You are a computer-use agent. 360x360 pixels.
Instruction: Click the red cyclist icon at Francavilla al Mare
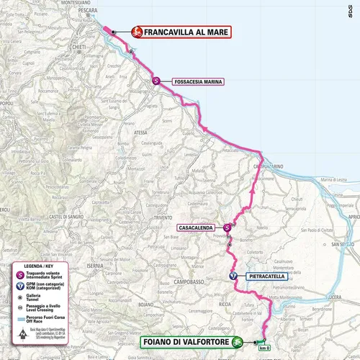click(x=136, y=32)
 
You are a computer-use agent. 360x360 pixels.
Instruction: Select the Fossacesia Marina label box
click(x=195, y=81)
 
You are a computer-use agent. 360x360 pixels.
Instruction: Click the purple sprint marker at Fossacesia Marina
click(x=156, y=81)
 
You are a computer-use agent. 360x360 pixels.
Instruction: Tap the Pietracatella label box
click(x=266, y=276)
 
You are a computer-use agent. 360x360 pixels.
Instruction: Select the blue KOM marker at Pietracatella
click(x=233, y=276)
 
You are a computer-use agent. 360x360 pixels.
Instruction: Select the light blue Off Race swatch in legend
click(x=21, y=319)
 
